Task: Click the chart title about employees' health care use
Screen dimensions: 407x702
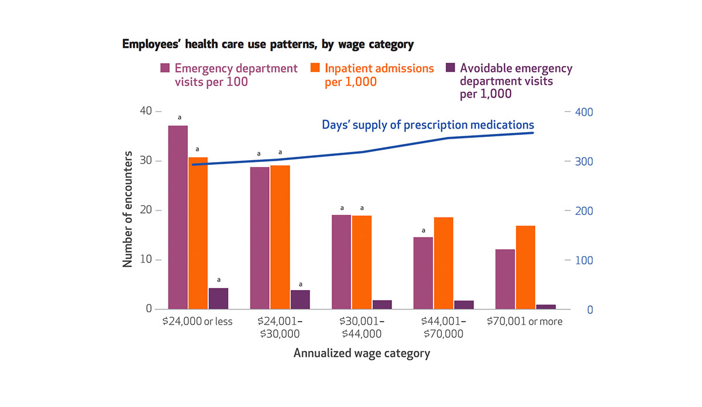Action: (267, 44)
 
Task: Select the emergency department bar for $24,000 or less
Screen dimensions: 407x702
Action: (178, 217)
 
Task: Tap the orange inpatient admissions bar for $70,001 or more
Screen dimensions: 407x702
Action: (525, 267)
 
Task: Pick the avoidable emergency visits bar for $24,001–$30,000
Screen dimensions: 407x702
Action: (300, 299)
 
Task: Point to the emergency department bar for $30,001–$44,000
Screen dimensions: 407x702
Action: (342, 262)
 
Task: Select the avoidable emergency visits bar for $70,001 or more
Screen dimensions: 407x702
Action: (546, 306)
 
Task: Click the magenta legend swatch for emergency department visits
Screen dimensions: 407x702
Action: (165, 68)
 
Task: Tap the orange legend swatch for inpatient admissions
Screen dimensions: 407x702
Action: (315, 68)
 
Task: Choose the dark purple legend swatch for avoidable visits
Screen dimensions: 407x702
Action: (450, 68)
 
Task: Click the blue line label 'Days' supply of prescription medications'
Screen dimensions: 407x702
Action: (428, 125)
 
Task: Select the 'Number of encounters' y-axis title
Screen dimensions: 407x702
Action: (128, 210)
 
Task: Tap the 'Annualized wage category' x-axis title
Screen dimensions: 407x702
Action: (362, 353)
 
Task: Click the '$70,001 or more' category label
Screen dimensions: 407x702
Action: (525, 322)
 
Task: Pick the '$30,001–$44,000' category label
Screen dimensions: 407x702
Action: (362, 327)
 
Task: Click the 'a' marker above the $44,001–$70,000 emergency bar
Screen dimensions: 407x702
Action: (424, 230)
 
